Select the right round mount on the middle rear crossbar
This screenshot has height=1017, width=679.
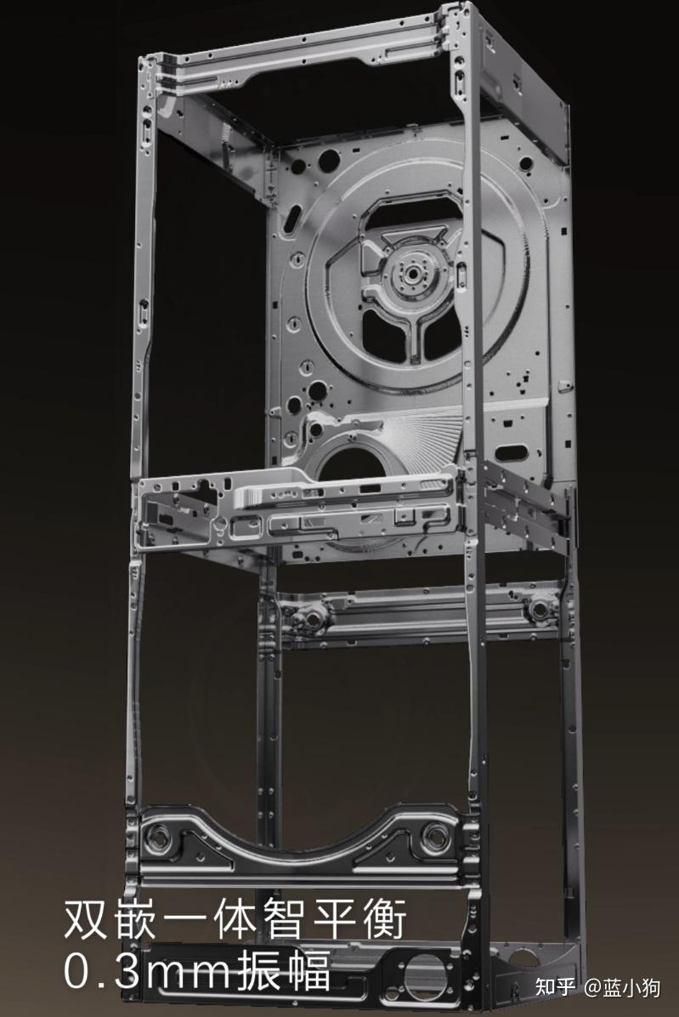539,608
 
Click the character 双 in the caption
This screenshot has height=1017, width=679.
85,919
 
